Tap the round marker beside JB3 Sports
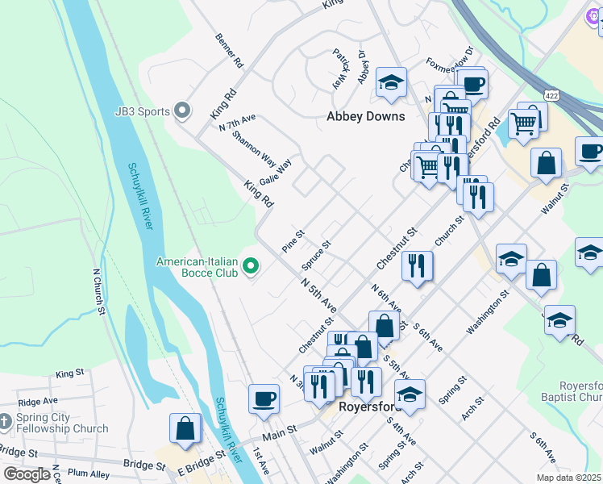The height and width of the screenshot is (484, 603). pos(182,110)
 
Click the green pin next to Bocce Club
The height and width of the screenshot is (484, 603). pos(251,265)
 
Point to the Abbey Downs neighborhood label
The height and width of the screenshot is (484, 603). pos(365,116)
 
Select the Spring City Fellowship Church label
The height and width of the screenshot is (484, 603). pos(62,423)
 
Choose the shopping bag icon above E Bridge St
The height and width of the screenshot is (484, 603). pos(185,428)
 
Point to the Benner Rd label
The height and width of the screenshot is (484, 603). pos(228,50)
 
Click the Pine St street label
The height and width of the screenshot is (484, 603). pos(293,241)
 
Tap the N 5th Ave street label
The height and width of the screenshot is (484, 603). pos(318,296)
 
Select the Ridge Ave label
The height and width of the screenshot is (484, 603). pos(38,401)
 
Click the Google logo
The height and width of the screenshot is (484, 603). pos(27,474)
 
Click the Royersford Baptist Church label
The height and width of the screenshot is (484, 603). pos(574,391)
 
